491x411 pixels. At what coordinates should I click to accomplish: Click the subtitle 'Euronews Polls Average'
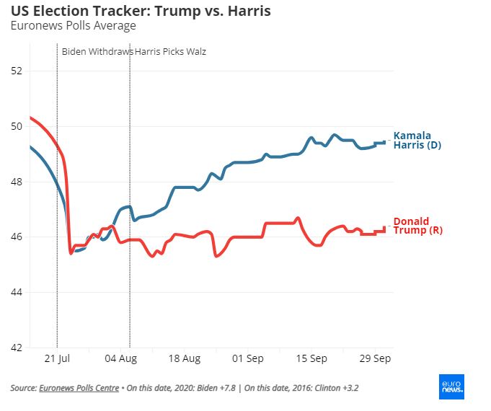coord(73,26)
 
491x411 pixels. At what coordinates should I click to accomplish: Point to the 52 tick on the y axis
coord(17,71)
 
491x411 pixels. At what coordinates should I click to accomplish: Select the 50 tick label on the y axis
coord(17,126)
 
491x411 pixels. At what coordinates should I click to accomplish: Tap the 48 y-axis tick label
coord(17,182)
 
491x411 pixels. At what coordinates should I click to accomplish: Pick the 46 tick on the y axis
coord(17,237)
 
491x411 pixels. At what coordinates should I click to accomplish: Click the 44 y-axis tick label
coord(17,292)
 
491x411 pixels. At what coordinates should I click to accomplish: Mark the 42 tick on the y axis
coord(17,348)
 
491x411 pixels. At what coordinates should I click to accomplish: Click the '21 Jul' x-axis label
coord(57,358)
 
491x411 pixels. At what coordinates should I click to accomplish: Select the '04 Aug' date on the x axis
coord(122,358)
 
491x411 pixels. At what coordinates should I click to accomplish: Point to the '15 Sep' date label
coord(313,358)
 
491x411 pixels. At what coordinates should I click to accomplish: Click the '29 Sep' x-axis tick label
coord(376,358)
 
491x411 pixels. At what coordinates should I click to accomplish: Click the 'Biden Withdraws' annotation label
coord(97,52)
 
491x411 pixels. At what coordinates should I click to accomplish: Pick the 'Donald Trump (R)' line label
coord(417,226)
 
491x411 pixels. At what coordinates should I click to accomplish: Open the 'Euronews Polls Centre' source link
coord(79,388)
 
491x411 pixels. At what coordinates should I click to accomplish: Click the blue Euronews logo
coord(451,386)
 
